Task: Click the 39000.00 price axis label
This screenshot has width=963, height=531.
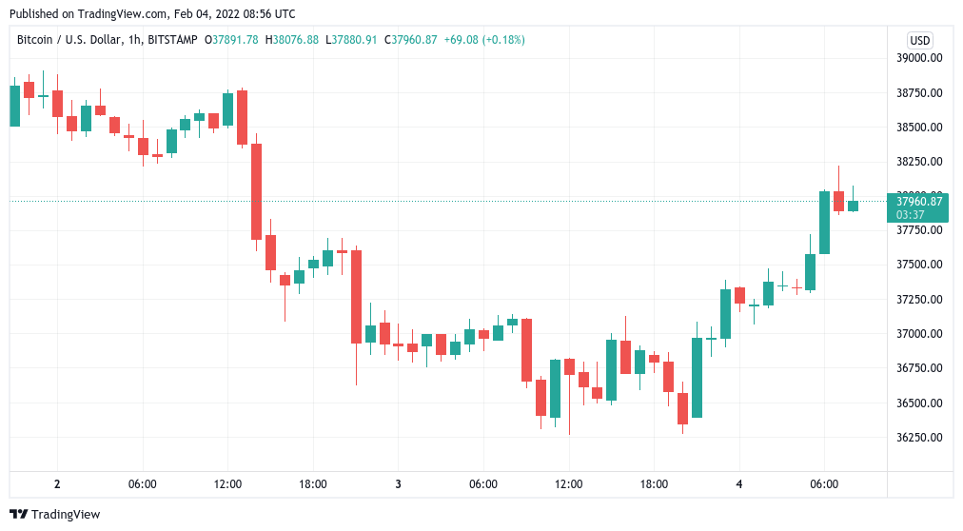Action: [x=919, y=58]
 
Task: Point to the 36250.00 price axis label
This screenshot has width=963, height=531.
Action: [x=919, y=438]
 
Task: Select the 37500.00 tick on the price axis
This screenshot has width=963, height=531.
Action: [x=919, y=265]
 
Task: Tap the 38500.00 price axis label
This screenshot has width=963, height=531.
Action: [x=919, y=128]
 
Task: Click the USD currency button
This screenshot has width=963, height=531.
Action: [x=920, y=40]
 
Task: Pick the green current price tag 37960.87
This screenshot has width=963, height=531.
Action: [x=918, y=202]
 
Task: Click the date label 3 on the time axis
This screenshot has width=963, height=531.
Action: [x=398, y=484]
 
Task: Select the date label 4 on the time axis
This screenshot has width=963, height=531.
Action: [x=739, y=484]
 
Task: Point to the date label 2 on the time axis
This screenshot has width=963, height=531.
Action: [x=57, y=484]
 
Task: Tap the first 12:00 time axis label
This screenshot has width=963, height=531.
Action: [x=227, y=484]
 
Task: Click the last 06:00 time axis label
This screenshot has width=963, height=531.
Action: [x=824, y=484]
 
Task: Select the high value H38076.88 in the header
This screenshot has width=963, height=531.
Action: [x=292, y=40]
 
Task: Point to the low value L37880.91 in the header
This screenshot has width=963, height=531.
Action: [x=351, y=40]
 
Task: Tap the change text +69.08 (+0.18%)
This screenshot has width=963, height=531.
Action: [x=484, y=40]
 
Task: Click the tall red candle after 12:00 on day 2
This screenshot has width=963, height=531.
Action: [x=256, y=191]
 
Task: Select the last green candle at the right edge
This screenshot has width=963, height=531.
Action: [x=853, y=206]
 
